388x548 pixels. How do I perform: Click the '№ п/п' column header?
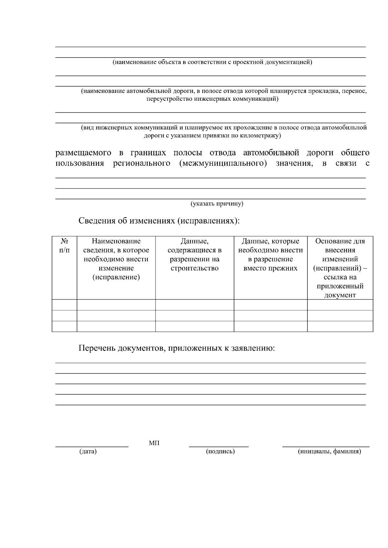pos(64,245)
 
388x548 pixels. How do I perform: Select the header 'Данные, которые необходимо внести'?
pos(270,254)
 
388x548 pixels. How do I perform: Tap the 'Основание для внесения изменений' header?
pos(340,268)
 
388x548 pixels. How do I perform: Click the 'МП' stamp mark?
pos(154,443)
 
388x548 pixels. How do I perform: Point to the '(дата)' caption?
pos(88,451)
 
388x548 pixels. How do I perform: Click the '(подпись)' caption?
pos(220,451)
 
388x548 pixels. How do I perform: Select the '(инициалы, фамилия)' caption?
pos(329,451)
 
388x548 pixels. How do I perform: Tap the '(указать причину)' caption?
pos(217,204)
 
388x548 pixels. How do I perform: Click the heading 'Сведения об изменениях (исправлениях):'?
pos(159,221)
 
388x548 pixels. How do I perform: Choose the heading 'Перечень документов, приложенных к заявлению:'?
pos(177,348)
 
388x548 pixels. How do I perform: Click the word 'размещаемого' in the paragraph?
pos(83,153)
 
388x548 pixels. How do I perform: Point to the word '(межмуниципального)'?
pos(223,163)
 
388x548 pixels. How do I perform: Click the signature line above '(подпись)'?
pos(219,447)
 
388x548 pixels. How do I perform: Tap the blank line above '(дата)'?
pos(92,447)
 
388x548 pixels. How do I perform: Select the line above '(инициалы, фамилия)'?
pos(326,447)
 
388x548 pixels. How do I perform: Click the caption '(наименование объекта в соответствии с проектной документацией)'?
pos(212,62)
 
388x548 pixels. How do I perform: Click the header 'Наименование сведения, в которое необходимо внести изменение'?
pos(116,259)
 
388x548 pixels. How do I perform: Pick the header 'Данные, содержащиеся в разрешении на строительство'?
pos(194,254)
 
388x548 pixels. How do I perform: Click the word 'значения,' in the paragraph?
pos(294,163)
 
